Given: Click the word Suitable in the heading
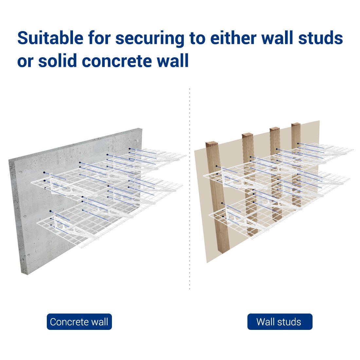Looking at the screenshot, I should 50,38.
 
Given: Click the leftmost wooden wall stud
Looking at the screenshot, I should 218,196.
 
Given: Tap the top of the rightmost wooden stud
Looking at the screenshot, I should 296,125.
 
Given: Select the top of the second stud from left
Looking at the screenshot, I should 248,135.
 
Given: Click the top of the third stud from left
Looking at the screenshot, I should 275,129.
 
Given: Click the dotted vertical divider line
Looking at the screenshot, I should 190,196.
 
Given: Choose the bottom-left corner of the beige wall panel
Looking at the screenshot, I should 207,262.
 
